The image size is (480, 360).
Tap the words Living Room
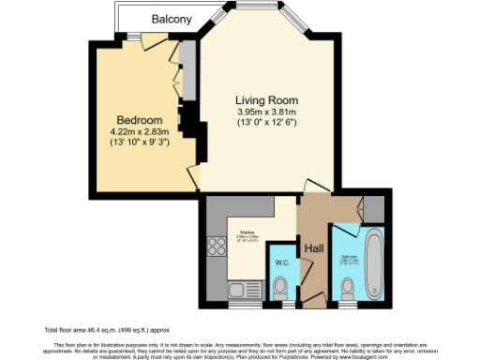click(266, 100)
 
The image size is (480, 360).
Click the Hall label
click(313, 248)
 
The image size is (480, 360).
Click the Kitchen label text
click(247, 231)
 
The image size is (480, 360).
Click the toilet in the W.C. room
click(280, 289)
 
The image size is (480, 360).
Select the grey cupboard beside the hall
click(373, 208)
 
